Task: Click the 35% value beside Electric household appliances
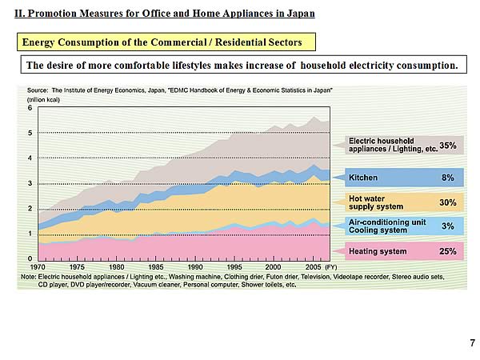[447, 146]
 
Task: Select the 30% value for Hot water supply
[447, 202]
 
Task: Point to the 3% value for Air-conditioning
[448, 226]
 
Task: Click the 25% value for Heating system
[447, 251]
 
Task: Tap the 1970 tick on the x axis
[38, 266]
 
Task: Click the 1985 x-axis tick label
[156, 266]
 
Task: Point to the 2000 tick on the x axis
[274, 266]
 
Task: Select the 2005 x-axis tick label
[312, 266]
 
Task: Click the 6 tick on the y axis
[30, 107]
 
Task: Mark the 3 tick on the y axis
[30, 183]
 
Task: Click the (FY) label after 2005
[331, 266]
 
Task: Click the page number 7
[472, 342]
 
